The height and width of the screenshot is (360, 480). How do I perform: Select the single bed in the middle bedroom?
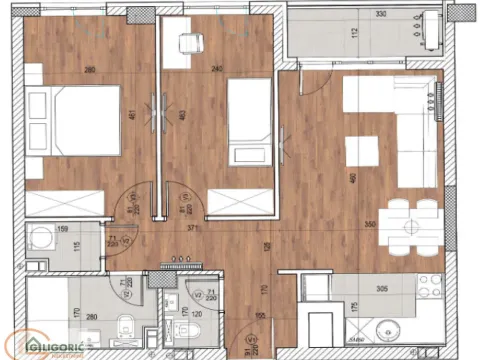click(246, 121)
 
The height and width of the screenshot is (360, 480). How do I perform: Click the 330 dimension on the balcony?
click(353, 16)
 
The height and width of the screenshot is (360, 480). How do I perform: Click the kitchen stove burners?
click(430, 290)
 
